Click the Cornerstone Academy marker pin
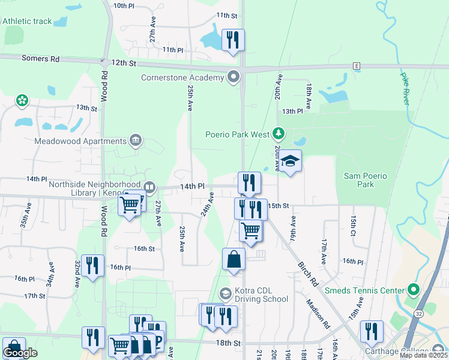pyautogui.click(x=234, y=77)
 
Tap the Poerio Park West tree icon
pyautogui.click(x=278, y=133)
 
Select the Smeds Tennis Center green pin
pyautogui.click(x=413, y=290)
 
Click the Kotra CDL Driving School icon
pyautogui.click(x=226, y=293)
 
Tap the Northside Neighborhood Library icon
pyautogui.click(x=149, y=187)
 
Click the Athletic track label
pyautogui.click(x=27, y=21)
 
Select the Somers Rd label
pyautogui.click(x=40, y=59)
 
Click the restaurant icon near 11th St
pyautogui.click(x=233, y=40)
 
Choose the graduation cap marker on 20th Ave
pyautogui.click(x=290, y=160)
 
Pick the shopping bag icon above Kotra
pyautogui.click(x=234, y=259)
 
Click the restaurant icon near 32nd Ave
pyautogui.click(x=92, y=265)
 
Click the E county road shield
pyautogui.click(x=356, y=65)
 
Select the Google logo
pyautogui.click(x=20, y=353)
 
